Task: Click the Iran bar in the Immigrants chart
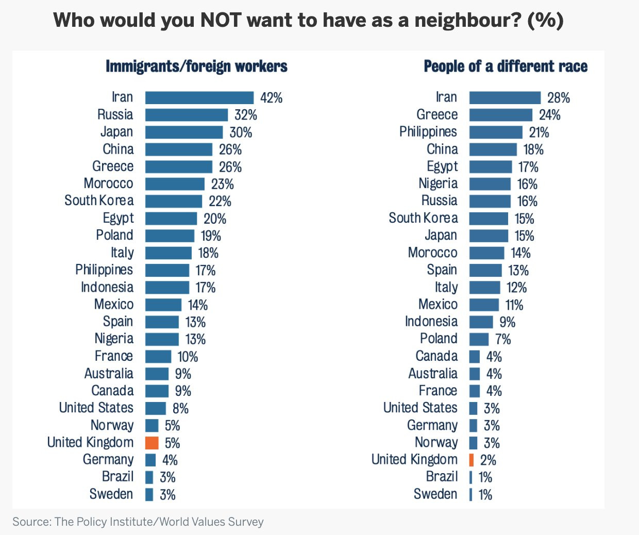(x=199, y=98)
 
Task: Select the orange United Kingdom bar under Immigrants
(x=152, y=443)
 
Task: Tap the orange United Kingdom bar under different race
(x=472, y=460)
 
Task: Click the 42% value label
(x=271, y=98)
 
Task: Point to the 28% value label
(x=559, y=98)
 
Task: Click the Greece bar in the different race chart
(x=500, y=115)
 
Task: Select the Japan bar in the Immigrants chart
(x=184, y=132)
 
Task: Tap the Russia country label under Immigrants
(x=115, y=114)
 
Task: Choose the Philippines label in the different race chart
(x=428, y=132)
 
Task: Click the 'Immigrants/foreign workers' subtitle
(x=196, y=66)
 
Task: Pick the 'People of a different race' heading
(x=506, y=66)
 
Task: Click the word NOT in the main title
(x=221, y=20)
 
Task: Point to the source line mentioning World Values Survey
(x=138, y=522)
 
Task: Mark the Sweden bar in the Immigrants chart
(x=149, y=495)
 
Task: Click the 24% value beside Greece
(x=549, y=115)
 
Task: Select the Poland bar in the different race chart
(x=479, y=339)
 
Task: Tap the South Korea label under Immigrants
(x=99, y=200)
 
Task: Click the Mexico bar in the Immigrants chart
(x=163, y=305)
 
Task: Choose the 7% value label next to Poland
(x=503, y=339)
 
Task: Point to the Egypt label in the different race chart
(x=442, y=166)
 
